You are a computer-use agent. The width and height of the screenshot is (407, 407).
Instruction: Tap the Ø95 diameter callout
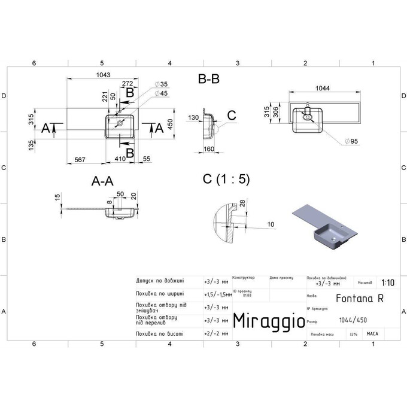pos(352,142)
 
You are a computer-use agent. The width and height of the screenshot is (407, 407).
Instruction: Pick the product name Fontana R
pos(353,296)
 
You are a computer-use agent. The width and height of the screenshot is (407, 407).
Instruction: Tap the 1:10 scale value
pos(387,282)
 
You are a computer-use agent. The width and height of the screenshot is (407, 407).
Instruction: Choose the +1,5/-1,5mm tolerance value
pos(218,294)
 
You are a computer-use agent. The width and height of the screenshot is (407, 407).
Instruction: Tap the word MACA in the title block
pos(372,334)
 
